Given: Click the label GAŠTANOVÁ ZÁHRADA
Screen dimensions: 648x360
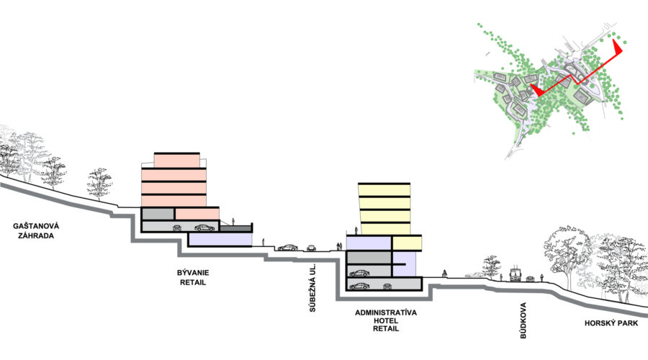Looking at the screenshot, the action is point(36,231).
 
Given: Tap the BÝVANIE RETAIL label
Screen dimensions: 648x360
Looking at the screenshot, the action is point(193,277).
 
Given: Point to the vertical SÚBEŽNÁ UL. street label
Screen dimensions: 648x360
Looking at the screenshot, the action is point(312,287).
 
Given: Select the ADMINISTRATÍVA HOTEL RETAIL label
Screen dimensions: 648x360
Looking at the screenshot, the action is point(386,320).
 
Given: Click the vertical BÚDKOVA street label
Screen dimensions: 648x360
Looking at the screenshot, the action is point(523,320).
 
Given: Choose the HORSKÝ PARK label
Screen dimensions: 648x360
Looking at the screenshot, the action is point(611,323).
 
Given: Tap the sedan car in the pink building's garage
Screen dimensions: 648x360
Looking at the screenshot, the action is point(204,228).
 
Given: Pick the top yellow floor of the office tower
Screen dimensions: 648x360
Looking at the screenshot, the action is point(384,190).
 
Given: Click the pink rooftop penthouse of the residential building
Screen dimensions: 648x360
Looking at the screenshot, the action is point(177,161).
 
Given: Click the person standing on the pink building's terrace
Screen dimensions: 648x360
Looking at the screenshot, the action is point(233,222).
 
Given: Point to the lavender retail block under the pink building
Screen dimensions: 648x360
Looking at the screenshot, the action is point(220,239).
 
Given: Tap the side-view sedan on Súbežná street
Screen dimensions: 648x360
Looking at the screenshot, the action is point(287,247).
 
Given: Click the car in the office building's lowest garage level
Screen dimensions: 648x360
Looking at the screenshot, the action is point(359,286).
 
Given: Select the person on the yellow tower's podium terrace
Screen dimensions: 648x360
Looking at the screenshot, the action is point(356,230).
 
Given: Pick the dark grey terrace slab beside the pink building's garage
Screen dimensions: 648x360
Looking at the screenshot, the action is point(235,228).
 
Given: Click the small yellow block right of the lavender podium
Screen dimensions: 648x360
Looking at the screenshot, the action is point(407,243).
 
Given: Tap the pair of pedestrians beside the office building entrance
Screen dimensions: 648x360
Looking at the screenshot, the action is point(339,246).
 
